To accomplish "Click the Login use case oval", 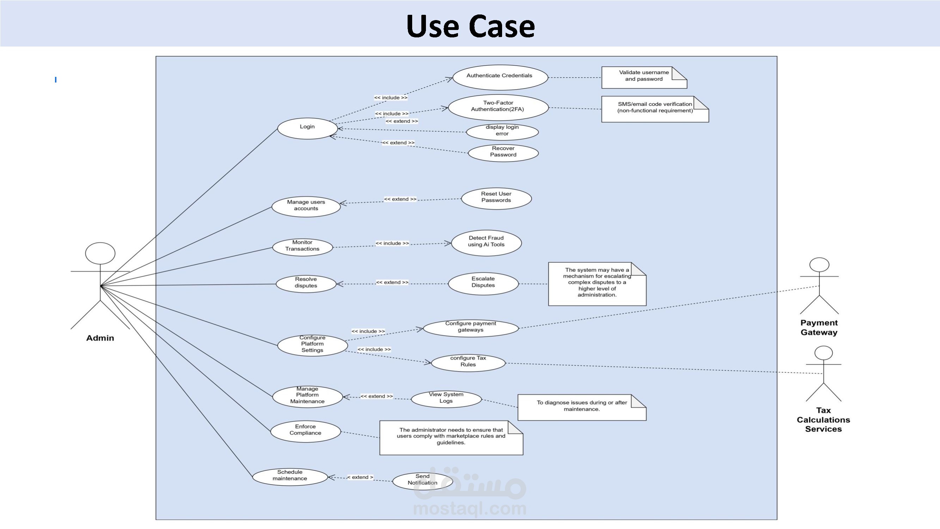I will pyautogui.click(x=307, y=128).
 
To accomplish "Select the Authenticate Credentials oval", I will pyautogui.click(x=500, y=77).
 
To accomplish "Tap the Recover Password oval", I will pyautogui.click(x=503, y=152).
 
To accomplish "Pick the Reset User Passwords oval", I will pyautogui.click(x=496, y=198).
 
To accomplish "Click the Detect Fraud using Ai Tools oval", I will pyautogui.click(x=486, y=243).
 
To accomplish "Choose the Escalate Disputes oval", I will pyautogui.click(x=483, y=284).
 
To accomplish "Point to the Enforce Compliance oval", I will pyautogui.click(x=305, y=431).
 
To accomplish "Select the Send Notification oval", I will pyautogui.click(x=422, y=481).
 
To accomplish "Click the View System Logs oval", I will pyautogui.click(x=446, y=399).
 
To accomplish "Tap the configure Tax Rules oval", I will pyautogui.click(x=468, y=363).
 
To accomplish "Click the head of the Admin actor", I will pyautogui.click(x=100, y=253).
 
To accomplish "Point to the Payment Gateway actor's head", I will pyautogui.click(x=819, y=265).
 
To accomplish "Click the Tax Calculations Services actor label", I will pyautogui.click(x=823, y=419).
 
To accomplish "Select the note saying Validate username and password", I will pyautogui.click(x=644, y=77).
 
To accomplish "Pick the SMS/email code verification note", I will pyautogui.click(x=655, y=109).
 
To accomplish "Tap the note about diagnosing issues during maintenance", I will pyautogui.click(x=582, y=407).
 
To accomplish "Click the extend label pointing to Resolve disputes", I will pyautogui.click(x=392, y=282).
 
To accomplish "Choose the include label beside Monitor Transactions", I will pyautogui.click(x=392, y=243).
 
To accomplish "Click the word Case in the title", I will pyautogui.click(x=501, y=26).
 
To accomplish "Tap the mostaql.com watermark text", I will pyautogui.click(x=470, y=509).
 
